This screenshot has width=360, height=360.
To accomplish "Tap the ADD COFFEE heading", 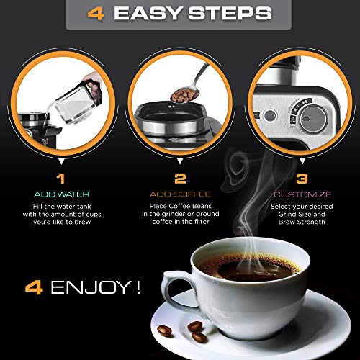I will pyautogui.click(x=180, y=194).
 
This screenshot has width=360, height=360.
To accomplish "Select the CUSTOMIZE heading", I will pyautogui.click(x=302, y=194).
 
